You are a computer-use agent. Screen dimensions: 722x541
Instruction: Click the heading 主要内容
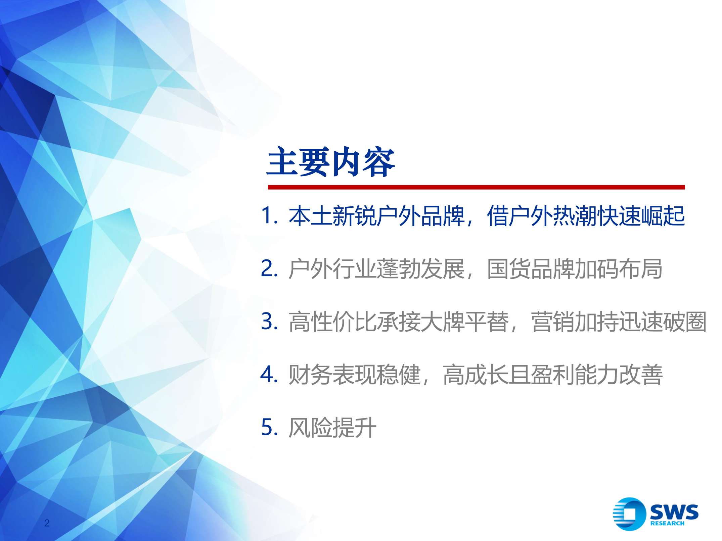pos(330,163)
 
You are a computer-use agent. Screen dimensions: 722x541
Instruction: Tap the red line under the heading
pos(476,187)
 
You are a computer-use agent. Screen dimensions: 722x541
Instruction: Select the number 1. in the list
pos(269,215)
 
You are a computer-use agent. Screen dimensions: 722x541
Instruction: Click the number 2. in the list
pos(269,268)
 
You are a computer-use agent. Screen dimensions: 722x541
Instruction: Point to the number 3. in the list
pos(269,321)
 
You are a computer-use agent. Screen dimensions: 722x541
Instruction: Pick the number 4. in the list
pos(269,374)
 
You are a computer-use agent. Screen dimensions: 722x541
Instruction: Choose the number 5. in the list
pos(269,427)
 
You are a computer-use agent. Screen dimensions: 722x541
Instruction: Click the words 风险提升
pos(332,428)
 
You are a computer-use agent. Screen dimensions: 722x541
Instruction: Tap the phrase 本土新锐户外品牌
pos(376,215)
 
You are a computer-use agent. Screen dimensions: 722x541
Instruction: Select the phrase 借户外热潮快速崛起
pos(586,215)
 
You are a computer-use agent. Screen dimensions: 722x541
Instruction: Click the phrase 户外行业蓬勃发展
pos(376,269)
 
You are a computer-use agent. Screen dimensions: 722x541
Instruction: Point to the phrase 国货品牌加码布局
pos(575,269)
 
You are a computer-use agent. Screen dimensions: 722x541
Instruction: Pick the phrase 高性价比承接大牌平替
pos(399,322)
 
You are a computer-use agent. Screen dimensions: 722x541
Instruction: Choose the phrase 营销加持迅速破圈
pos(619,322)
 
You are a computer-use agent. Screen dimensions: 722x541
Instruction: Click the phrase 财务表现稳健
pos(354,375)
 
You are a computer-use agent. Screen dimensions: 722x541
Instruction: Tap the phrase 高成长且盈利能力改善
pos(553,375)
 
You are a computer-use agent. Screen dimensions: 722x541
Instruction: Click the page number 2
pos(47,523)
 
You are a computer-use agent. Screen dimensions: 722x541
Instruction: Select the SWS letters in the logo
pos(674,511)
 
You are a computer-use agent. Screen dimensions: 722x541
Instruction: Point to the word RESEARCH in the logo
pos(667,523)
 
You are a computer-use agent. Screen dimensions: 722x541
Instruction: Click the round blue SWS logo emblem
pos(629,514)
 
